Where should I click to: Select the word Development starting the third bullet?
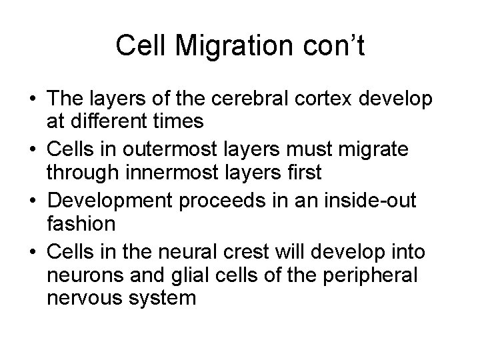[113, 198]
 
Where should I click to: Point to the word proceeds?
[235, 198]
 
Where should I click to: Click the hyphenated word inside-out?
[375, 198]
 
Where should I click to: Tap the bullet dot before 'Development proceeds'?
[33, 199]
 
